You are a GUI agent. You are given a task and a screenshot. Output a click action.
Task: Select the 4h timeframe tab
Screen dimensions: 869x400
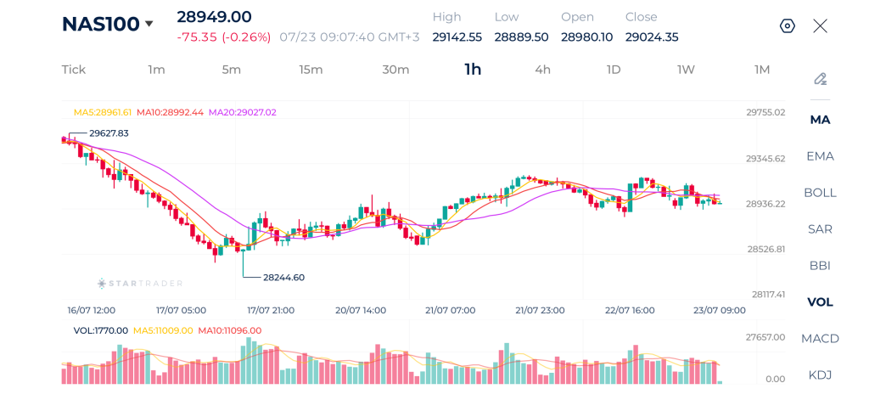[542, 70]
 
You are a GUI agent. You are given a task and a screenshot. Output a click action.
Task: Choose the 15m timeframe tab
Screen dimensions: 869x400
[311, 70]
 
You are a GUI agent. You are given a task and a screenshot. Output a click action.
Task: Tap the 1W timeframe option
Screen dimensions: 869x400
[686, 70]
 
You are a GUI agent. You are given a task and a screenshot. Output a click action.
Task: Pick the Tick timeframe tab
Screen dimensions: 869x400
[74, 70]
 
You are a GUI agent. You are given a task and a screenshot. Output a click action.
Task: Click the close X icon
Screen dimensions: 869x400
[821, 25]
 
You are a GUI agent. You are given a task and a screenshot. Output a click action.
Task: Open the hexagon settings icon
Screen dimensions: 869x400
[788, 25]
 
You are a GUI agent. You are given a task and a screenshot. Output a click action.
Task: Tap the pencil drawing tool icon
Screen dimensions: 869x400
[821, 79]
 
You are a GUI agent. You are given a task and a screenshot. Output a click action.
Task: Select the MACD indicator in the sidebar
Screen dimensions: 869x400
[821, 338]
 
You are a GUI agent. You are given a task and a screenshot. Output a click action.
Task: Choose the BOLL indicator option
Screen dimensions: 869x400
[821, 193]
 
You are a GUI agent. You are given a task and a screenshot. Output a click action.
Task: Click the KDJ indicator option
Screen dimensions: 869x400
[821, 375]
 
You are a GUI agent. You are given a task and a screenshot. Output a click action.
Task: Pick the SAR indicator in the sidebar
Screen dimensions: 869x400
[821, 229]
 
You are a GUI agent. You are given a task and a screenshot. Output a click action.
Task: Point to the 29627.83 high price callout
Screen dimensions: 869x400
[108, 133]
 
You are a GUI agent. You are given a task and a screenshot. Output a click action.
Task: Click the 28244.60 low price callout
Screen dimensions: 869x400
[283, 278]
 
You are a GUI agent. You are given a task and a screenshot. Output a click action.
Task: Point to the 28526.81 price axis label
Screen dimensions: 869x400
[765, 249]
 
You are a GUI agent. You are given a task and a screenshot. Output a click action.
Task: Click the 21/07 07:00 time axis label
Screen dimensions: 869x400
[450, 310]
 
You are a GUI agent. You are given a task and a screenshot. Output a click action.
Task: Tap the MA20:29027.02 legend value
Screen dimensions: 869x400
[242, 112]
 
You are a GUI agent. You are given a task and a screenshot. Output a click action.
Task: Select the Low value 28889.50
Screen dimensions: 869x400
[522, 37]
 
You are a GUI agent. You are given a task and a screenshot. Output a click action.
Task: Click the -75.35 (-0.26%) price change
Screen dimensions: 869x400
[224, 37]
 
